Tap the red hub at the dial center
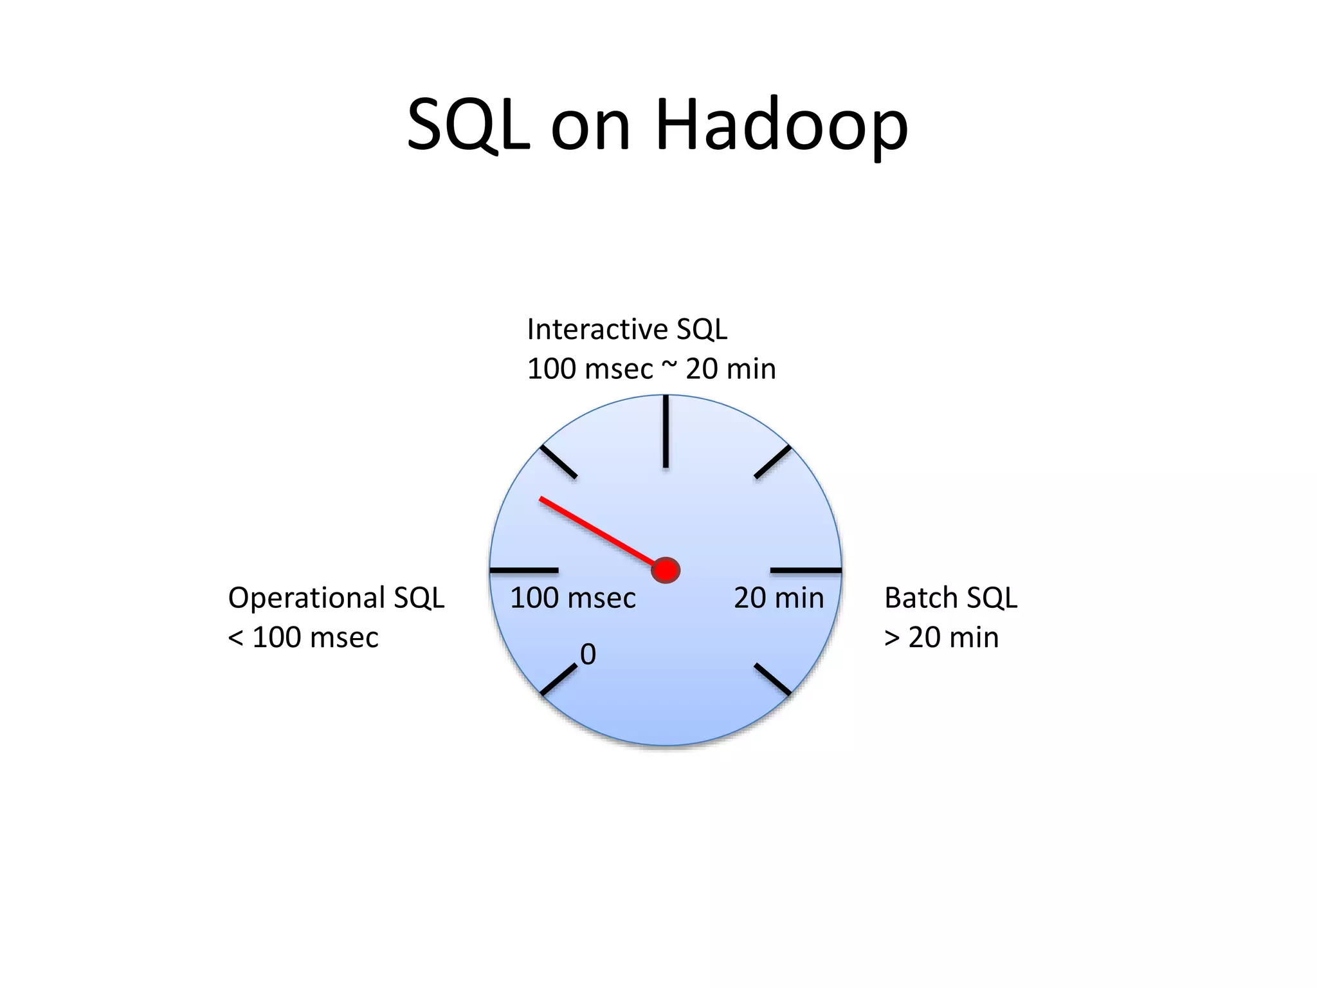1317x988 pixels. pos(666,571)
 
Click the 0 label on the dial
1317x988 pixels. pos(588,655)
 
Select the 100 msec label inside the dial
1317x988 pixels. pos(572,598)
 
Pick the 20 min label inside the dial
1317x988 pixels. pos(779,598)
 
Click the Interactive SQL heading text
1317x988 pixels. pos(627,329)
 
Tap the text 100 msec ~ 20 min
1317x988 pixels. pos(651,369)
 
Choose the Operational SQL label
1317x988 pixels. pos(336,598)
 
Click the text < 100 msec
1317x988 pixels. pos(303,637)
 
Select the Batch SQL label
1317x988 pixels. pos(950,598)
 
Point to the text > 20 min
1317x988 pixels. pos(941,637)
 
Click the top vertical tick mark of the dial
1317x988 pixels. pos(666,432)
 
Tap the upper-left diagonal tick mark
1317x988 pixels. pos(558,461)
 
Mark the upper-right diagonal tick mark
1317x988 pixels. pos(772,462)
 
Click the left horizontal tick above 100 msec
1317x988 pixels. pos(524,571)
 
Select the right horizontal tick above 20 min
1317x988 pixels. pos(806,571)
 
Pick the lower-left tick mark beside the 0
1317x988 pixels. pos(559,680)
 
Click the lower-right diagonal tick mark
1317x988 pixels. pos(772,679)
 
